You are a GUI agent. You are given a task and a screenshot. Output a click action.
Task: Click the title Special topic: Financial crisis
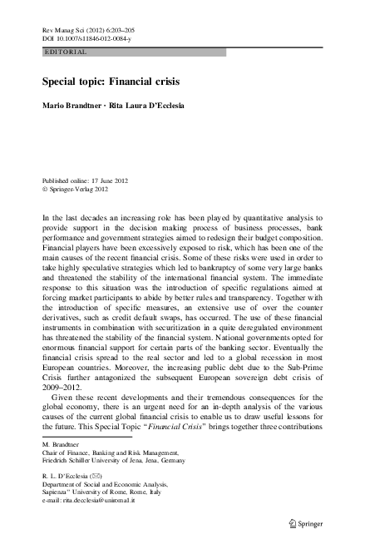tap(111, 83)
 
